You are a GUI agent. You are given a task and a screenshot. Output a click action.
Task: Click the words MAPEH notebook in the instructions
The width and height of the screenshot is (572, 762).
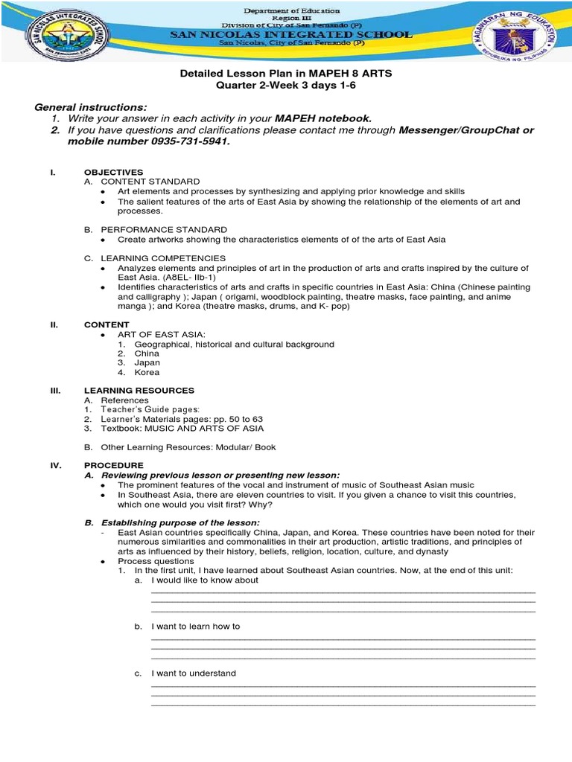pyautogui.click(x=322, y=118)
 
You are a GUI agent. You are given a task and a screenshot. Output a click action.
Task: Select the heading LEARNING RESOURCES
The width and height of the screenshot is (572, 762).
pyautogui.click(x=139, y=391)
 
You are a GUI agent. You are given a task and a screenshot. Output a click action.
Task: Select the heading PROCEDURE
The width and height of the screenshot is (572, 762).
pyautogui.click(x=114, y=465)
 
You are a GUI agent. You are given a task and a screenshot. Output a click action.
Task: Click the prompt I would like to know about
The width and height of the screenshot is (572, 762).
pyautogui.click(x=205, y=580)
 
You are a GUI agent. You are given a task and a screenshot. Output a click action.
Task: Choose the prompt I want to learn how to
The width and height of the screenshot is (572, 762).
pyautogui.click(x=195, y=627)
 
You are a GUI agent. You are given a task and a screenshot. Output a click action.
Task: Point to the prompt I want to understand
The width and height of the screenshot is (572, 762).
pyautogui.click(x=193, y=673)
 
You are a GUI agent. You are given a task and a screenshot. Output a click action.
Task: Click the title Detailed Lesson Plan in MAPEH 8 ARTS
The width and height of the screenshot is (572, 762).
pyautogui.click(x=286, y=74)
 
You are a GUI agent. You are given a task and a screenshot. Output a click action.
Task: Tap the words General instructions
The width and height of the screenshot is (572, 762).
pyautogui.click(x=91, y=107)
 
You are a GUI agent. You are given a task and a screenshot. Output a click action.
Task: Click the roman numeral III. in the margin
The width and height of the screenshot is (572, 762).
pyautogui.click(x=54, y=391)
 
